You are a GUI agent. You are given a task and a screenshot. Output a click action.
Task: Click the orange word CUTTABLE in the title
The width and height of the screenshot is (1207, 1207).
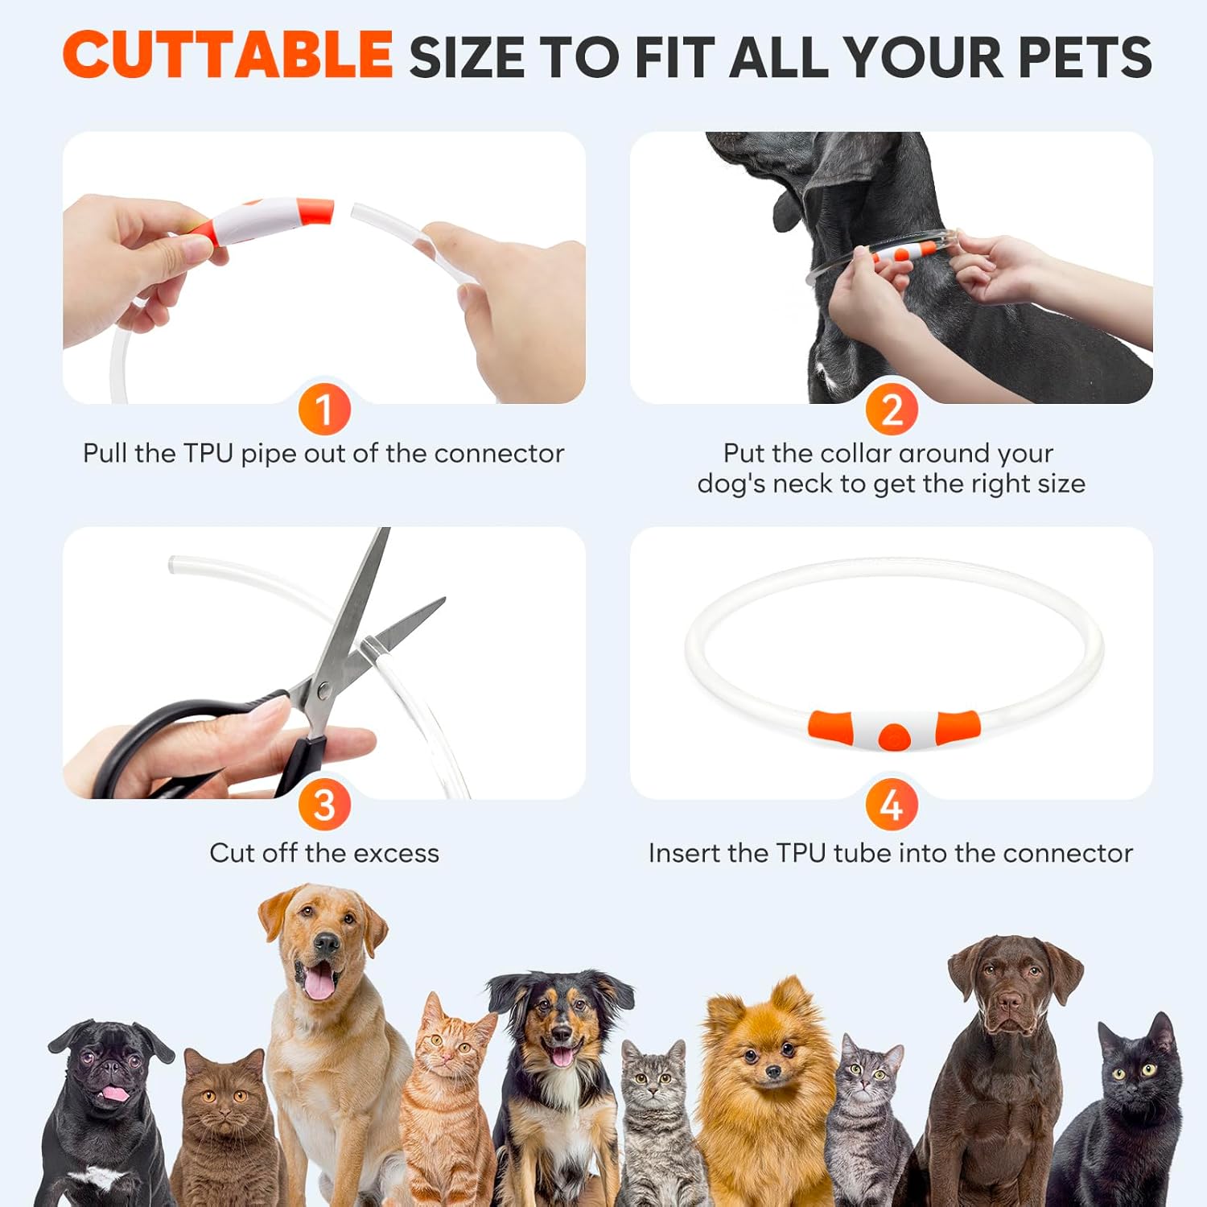click(x=228, y=55)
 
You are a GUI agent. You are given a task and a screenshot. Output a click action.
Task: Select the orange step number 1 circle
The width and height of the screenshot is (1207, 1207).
click(x=324, y=410)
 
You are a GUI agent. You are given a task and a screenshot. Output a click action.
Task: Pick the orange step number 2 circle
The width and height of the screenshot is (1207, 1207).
click(x=892, y=410)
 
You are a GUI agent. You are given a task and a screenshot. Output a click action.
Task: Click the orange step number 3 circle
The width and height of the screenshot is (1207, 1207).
click(x=324, y=805)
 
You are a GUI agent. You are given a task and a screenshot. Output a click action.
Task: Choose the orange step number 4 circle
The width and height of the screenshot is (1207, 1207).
click(x=892, y=805)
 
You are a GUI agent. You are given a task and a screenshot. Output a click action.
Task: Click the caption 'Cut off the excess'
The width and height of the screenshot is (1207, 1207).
click(x=324, y=853)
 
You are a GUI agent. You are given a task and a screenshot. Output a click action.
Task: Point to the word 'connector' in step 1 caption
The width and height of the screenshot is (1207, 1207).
click(x=499, y=454)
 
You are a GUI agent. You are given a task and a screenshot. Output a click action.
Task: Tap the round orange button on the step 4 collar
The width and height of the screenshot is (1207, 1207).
click(x=893, y=736)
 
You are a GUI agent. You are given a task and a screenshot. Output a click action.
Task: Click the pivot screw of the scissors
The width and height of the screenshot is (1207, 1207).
click(x=323, y=689)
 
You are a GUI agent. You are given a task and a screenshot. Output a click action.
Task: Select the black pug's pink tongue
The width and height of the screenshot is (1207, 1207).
click(x=115, y=1093)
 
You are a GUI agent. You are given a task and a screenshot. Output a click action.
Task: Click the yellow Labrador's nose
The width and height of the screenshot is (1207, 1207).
click(x=326, y=943)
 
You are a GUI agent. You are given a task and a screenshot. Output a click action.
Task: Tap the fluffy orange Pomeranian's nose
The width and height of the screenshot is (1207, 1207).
click(x=772, y=1071)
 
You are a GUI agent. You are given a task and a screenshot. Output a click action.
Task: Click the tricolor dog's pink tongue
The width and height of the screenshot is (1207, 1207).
click(x=561, y=1056)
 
